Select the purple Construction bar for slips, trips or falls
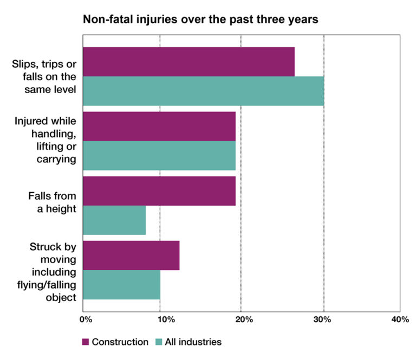(x=189, y=62)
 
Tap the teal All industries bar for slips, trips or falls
(x=204, y=91)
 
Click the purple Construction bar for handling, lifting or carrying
(x=159, y=126)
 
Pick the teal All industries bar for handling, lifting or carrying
(x=159, y=156)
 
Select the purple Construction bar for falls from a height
(x=159, y=191)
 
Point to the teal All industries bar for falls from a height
(x=114, y=220)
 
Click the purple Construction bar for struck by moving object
(x=131, y=255)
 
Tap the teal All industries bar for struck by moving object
(x=122, y=285)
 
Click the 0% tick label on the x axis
(x=85, y=320)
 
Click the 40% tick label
(x=400, y=320)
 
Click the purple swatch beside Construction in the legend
(x=85, y=342)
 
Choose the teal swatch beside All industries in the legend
(x=159, y=342)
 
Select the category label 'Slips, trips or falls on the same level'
(x=44, y=76)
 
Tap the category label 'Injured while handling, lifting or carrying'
(x=45, y=139)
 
